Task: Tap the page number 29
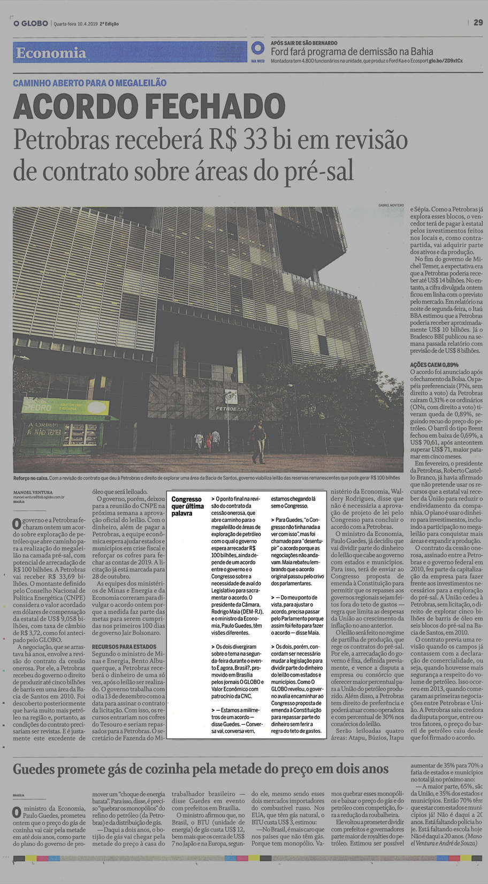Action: [478, 22]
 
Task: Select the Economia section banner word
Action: [51, 52]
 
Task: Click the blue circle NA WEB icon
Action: [258, 49]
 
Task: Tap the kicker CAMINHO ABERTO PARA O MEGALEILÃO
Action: [90, 83]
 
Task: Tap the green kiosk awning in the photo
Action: [58, 407]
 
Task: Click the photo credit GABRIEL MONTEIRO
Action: [391, 205]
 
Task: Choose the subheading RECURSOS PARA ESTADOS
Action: [124, 647]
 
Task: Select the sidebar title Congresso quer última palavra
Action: [187, 506]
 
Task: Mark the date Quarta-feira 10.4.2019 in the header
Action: [75, 24]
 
